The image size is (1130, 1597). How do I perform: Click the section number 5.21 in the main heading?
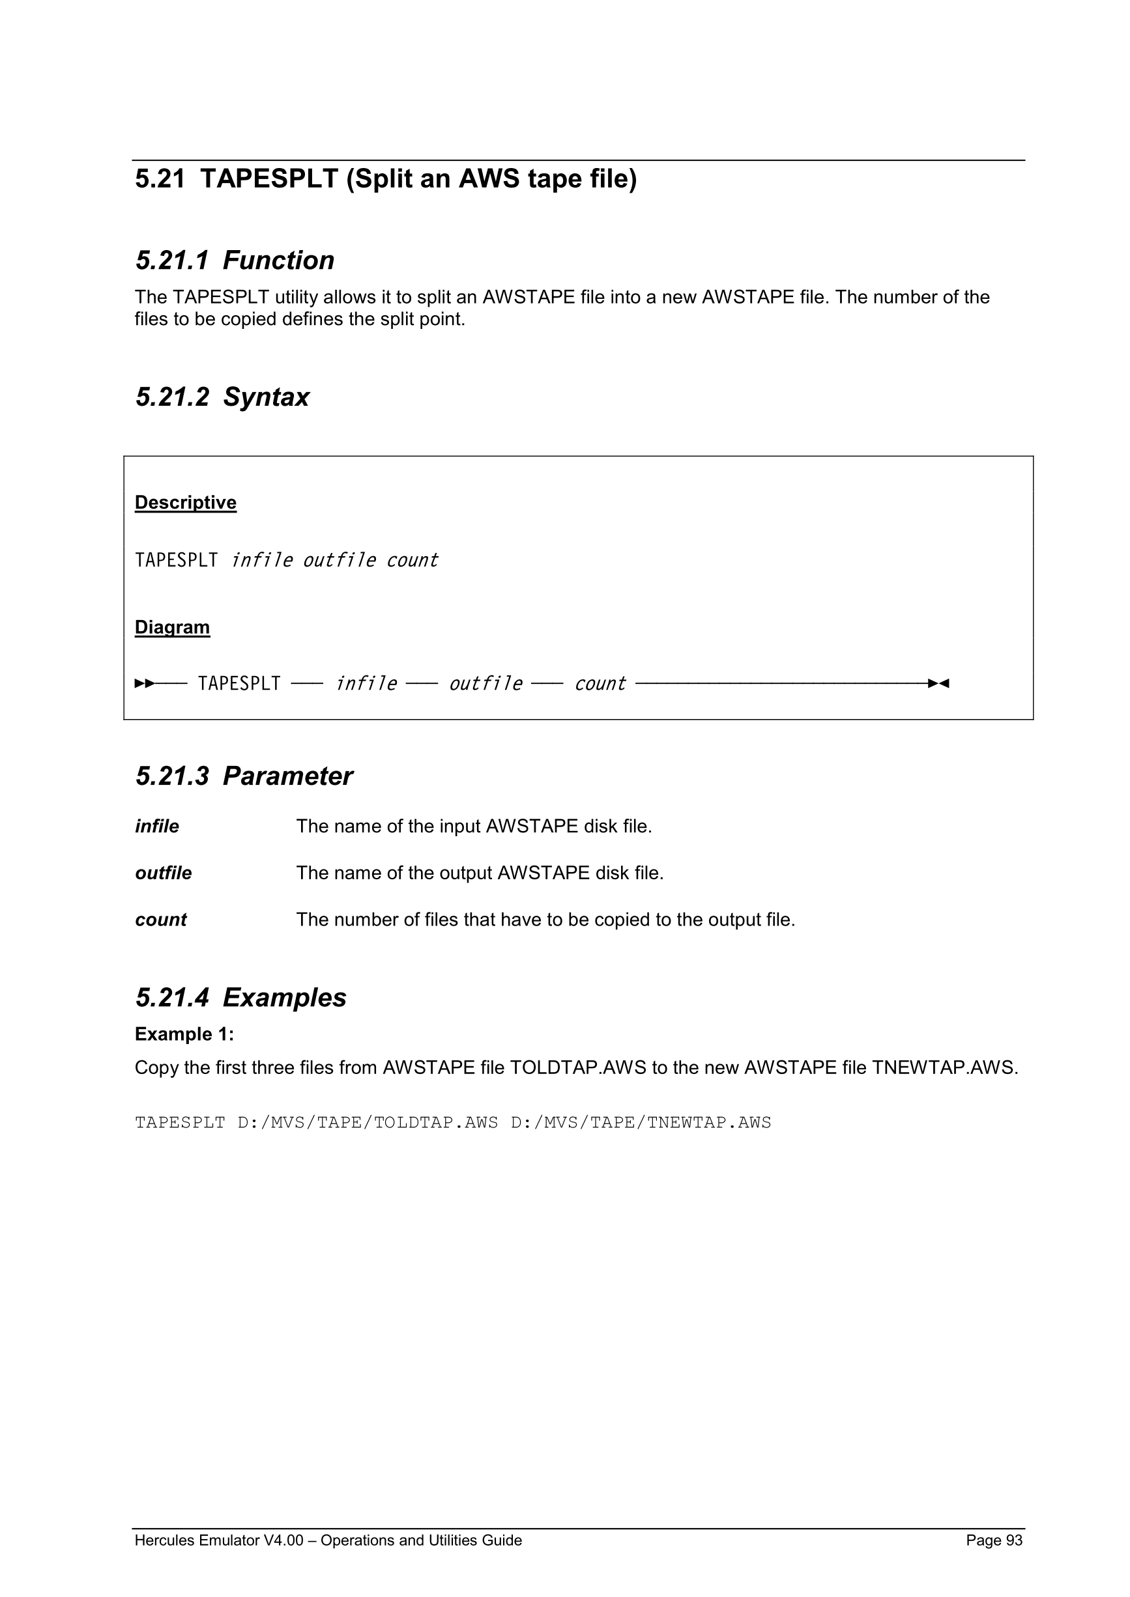(160, 180)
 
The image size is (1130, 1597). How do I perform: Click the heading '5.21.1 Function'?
(235, 261)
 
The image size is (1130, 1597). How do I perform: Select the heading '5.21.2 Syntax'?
(222, 397)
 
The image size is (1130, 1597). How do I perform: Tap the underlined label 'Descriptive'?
(185, 502)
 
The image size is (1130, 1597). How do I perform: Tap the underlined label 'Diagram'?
(172, 627)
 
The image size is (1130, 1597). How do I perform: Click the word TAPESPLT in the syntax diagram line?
(239, 684)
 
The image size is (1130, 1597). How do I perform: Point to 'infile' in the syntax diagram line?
(366, 684)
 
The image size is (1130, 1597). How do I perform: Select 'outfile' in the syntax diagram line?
(485, 684)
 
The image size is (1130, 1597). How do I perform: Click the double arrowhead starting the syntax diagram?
(144, 684)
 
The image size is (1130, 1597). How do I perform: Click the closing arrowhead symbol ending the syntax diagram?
(938, 684)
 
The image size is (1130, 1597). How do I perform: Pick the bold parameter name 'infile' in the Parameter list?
(156, 827)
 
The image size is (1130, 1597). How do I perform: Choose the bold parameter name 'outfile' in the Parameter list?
(163, 873)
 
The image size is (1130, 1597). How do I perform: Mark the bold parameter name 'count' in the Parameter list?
(161, 920)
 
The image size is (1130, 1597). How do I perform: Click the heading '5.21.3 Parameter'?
(244, 776)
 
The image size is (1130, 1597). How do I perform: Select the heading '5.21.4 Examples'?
(240, 997)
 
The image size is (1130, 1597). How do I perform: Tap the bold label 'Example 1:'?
(184, 1034)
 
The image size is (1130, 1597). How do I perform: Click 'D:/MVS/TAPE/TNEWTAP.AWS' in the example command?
(641, 1123)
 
